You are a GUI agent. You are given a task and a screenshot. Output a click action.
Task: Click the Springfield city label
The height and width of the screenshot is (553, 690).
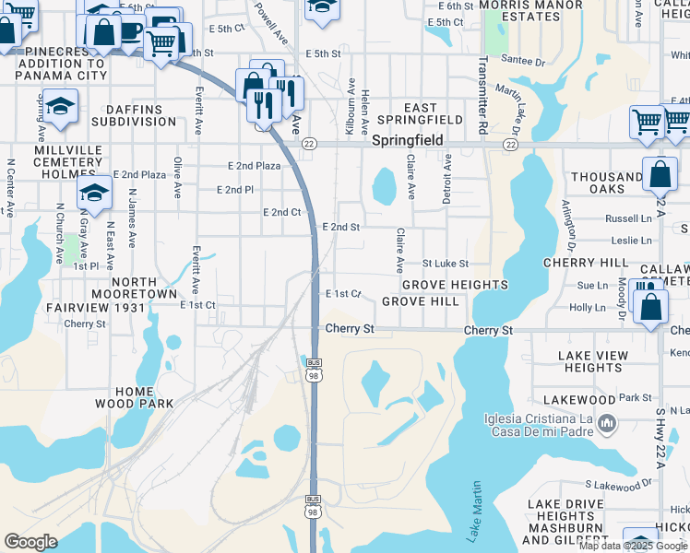click(408, 141)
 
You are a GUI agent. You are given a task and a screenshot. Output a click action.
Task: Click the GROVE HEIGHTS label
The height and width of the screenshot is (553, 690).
click(454, 285)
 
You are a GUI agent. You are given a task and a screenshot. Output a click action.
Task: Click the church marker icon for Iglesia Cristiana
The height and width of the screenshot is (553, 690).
click(606, 424)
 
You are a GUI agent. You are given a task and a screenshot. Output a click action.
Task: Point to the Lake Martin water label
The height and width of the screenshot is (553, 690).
click(473, 511)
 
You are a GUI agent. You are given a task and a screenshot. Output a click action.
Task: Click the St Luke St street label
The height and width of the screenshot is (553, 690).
click(446, 265)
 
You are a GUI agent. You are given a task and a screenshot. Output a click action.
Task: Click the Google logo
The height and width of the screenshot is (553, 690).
click(30, 541)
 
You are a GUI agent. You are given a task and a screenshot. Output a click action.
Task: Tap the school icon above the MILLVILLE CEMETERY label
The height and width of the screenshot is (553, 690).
click(61, 107)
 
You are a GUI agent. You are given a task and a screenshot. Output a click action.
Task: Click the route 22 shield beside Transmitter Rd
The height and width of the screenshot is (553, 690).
click(510, 145)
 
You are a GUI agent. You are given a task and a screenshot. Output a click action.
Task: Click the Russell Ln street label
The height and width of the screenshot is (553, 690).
click(627, 219)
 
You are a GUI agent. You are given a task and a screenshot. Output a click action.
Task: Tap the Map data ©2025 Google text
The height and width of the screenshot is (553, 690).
click(632, 546)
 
